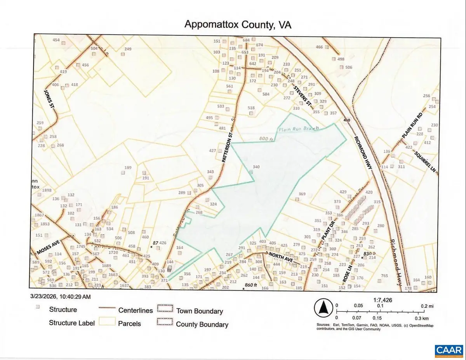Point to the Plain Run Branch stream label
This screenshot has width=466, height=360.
298,129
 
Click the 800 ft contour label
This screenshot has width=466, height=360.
266,139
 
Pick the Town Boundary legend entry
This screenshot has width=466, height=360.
200,311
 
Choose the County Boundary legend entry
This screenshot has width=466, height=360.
202,324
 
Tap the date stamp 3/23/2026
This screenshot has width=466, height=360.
43,297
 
